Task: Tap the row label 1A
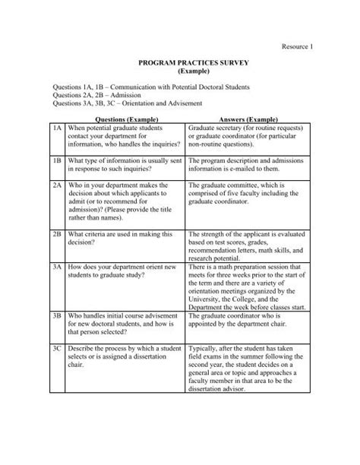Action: click(x=57, y=130)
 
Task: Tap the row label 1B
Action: click(x=57, y=161)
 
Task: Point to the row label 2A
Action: click(x=57, y=185)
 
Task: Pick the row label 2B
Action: click(x=57, y=235)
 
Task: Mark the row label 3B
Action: click(x=57, y=313)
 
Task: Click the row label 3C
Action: click(x=57, y=347)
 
